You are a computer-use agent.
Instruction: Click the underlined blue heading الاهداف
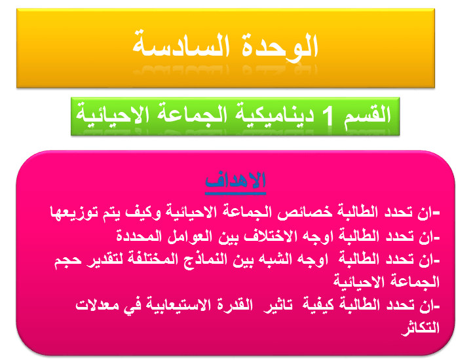(x=235, y=180)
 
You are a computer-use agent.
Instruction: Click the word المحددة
(x=140, y=236)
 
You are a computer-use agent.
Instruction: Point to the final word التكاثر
(x=420, y=328)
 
